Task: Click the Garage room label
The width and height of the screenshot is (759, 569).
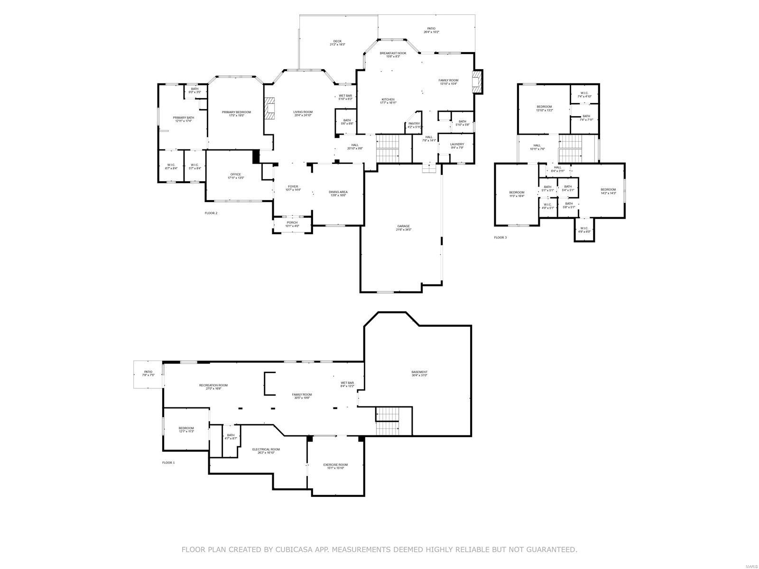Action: (x=404, y=228)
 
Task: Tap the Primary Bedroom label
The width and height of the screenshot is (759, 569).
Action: (x=236, y=114)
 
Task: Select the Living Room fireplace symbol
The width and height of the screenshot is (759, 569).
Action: (x=270, y=108)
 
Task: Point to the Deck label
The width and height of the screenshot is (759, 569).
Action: (x=337, y=43)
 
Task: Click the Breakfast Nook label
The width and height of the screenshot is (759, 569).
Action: (x=393, y=55)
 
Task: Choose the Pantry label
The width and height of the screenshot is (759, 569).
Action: (x=414, y=125)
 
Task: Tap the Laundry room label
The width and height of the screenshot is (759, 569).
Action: (x=457, y=146)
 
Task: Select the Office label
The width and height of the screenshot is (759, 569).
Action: (x=236, y=176)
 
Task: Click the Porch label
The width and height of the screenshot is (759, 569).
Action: (x=292, y=224)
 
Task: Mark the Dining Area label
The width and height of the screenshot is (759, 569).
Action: (x=338, y=193)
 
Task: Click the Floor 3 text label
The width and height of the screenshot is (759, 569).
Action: (x=500, y=237)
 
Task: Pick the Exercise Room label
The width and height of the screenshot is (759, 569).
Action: (x=335, y=466)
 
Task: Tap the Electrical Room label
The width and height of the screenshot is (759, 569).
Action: (x=266, y=450)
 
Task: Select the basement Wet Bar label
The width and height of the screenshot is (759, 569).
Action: (x=347, y=384)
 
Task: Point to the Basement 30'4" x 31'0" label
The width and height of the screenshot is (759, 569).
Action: (x=419, y=374)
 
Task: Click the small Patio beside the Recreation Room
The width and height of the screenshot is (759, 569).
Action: (x=148, y=374)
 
